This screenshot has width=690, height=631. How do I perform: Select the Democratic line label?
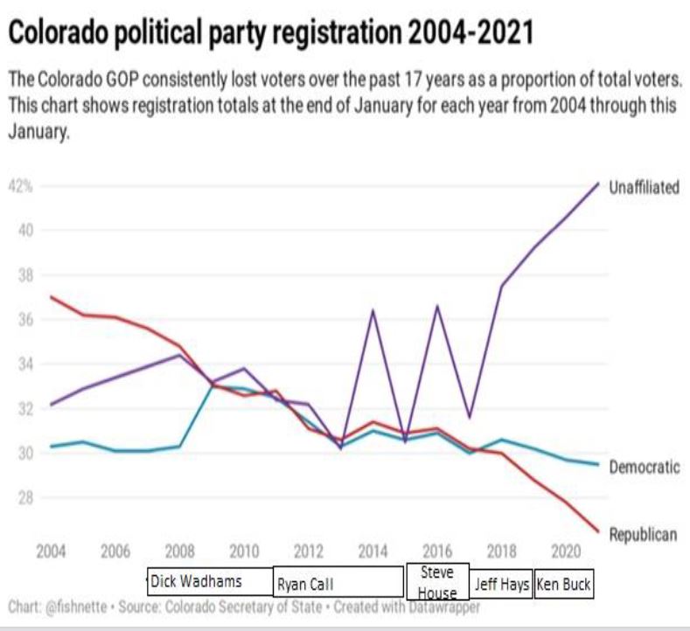point(644,467)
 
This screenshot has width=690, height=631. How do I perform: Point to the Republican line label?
point(643,535)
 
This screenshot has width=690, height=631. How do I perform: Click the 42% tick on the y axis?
point(21,186)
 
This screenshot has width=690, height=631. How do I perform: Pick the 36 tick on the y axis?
point(26,320)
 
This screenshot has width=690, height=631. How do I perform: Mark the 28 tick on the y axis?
point(26,498)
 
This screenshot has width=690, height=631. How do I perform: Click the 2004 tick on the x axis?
point(52,552)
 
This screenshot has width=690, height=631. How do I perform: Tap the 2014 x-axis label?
point(373,552)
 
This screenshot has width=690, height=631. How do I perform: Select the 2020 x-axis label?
point(566,552)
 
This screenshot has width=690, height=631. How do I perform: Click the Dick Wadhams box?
point(209,581)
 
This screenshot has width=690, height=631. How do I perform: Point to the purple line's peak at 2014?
point(373,310)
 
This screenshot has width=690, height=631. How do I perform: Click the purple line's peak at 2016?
point(437,306)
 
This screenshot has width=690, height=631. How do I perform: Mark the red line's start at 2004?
point(52,297)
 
